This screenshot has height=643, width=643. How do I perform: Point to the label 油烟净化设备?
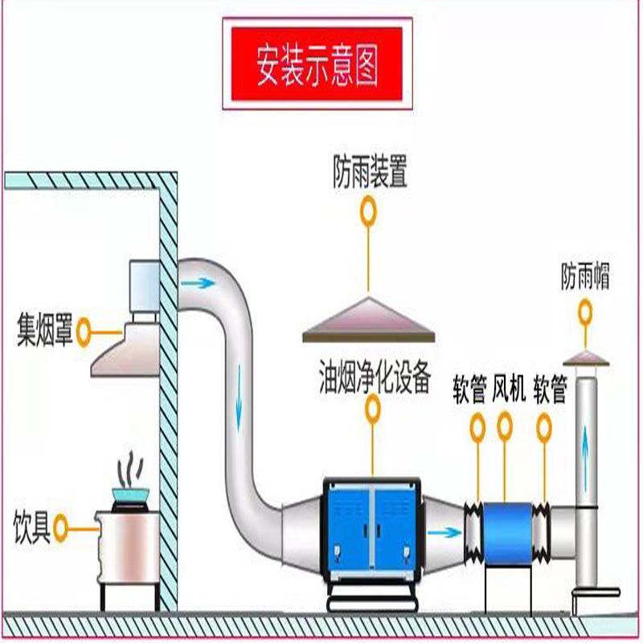tap(375, 377)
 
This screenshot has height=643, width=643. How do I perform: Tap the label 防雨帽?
tap(585, 279)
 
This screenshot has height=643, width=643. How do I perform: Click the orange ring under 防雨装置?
tap(370, 211)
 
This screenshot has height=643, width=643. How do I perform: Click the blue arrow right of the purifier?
tap(439, 531)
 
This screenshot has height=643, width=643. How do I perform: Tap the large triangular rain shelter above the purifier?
tap(370, 318)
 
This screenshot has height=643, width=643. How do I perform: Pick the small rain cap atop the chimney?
tap(586, 357)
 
